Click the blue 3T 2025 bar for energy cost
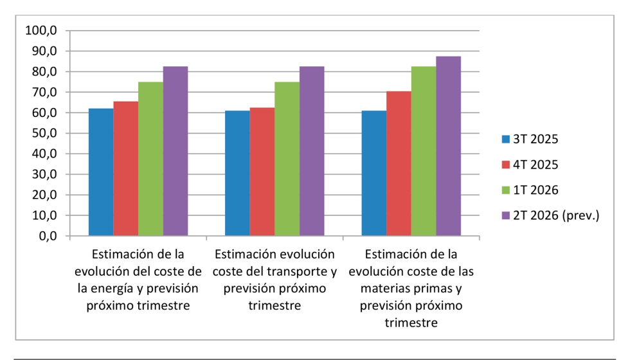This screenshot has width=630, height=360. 101,172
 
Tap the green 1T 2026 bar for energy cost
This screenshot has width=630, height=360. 150,159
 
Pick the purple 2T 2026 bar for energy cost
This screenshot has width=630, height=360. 175,151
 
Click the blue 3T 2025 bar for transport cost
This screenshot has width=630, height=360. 237,174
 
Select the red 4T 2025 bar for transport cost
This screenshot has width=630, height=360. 262,172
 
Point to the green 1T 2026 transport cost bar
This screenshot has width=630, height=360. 287,159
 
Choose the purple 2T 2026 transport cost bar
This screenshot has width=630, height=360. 312,151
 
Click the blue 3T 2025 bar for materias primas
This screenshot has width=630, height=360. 374,174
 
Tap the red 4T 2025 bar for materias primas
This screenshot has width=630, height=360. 399,163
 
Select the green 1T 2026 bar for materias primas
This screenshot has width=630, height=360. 424,151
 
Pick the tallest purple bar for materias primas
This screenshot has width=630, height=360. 448,146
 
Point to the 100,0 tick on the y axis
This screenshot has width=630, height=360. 41,30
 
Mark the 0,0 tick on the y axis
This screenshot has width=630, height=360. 46,236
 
